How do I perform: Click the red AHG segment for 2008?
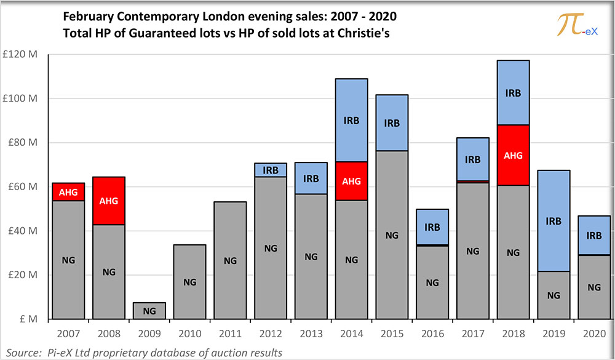(x=109, y=201)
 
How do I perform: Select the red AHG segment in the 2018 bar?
(x=514, y=155)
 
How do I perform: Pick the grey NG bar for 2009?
(x=149, y=311)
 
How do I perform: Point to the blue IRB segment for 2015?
(x=392, y=122)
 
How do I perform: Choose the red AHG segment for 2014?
(x=351, y=181)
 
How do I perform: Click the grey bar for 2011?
(x=230, y=260)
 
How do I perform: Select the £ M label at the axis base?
(x=30, y=319)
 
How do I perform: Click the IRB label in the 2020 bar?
(x=595, y=235)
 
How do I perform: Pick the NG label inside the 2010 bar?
(x=189, y=282)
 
